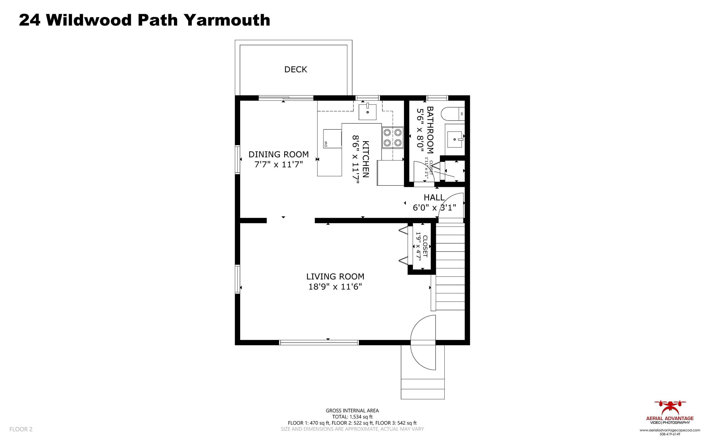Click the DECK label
(x=295, y=70)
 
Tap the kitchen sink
(x=367, y=112)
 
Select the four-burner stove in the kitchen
(x=393, y=137)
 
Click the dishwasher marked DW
(x=332, y=139)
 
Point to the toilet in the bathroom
(x=452, y=114)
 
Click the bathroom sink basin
(x=455, y=139)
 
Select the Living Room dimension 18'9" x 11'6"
(x=335, y=287)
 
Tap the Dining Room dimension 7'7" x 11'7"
(x=278, y=164)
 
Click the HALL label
(x=434, y=198)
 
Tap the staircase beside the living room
(x=450, y=266)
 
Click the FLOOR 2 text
(x=21, y=429)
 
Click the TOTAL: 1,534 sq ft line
(x=352, y=417)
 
